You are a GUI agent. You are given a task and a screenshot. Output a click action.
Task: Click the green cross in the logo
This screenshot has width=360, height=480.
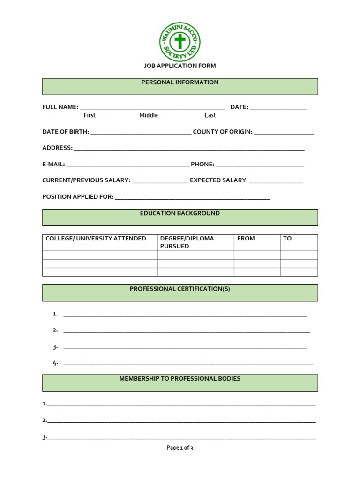180,42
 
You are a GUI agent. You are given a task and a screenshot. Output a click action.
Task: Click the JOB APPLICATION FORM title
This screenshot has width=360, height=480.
180,66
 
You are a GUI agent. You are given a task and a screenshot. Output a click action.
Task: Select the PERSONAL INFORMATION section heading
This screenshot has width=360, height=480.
180,82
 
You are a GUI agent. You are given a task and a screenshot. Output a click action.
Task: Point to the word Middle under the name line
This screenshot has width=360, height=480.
149,115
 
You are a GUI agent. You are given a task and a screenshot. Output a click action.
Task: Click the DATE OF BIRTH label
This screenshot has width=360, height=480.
66,132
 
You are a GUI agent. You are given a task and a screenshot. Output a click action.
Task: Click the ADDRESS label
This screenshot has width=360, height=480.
57,148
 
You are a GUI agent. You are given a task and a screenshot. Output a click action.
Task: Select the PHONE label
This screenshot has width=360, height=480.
202,164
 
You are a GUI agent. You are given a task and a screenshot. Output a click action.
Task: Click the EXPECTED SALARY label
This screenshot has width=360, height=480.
218,180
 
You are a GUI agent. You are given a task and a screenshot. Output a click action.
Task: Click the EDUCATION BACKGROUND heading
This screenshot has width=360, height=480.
180,213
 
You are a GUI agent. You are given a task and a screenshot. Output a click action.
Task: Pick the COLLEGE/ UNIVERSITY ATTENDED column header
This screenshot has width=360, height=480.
96,239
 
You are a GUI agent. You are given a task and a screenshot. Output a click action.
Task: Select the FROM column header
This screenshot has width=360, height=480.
246,239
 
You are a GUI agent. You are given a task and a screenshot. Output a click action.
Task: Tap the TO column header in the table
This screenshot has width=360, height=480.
287,239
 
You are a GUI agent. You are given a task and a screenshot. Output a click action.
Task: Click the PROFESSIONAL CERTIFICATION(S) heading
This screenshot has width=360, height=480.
180,289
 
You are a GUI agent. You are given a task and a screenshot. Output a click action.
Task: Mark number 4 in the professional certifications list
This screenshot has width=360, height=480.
55,363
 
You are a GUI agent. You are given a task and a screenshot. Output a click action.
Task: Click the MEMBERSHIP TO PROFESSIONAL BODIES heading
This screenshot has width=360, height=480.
180,378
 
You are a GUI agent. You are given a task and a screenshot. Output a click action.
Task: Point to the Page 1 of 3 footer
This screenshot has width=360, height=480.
180,448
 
